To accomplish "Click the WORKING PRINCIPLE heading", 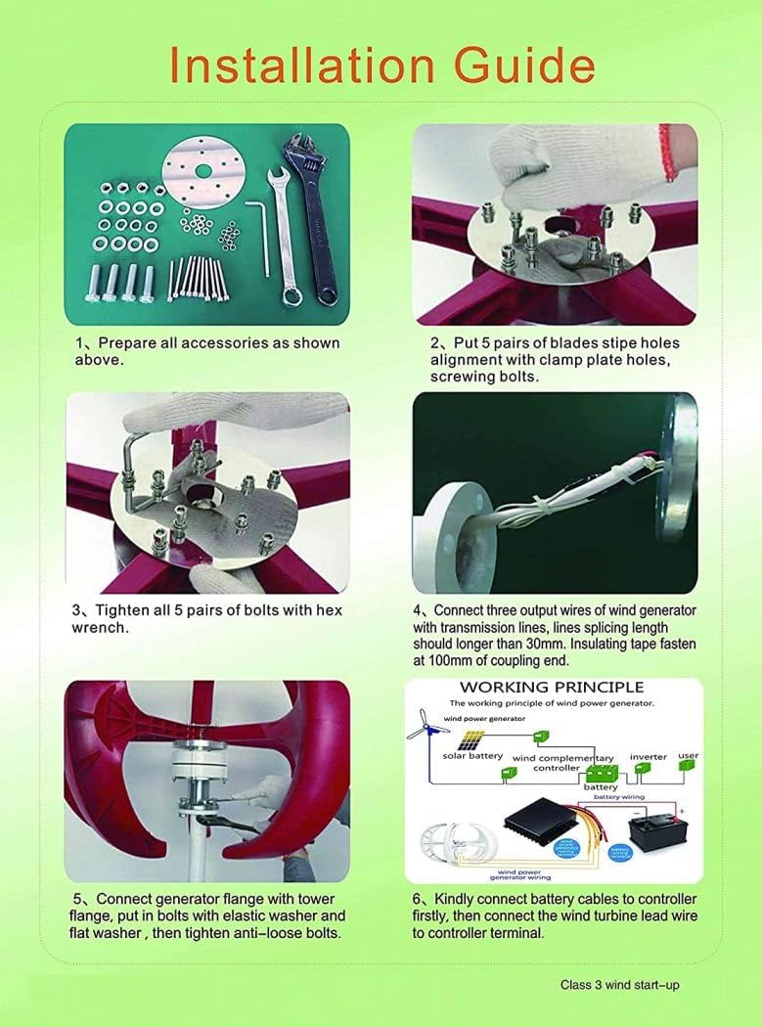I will click(x=552, y=687).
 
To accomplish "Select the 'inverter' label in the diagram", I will click(x=648, y=757).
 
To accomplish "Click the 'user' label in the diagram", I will click(x=689, y=756).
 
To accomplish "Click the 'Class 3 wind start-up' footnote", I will click(x=619, y=985).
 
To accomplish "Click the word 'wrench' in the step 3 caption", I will click(x=101, y=628).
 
